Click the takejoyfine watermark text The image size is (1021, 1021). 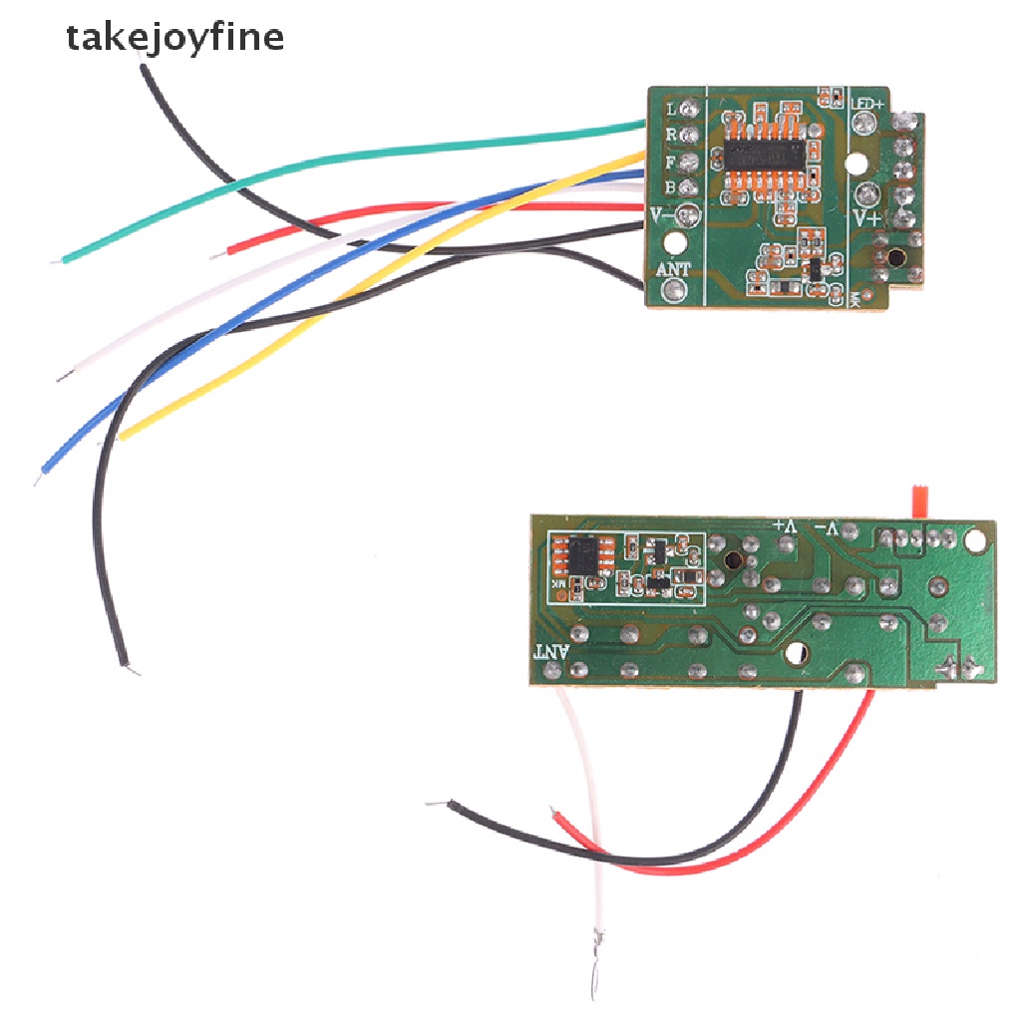pyautogui.click(x=174, y=38)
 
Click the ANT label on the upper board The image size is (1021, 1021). pyautogui.click(x=675, y=269)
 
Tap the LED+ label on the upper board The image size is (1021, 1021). pyautogui.click(x=868, y=105)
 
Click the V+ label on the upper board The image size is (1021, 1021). pyautogui.click(x=864, y=215)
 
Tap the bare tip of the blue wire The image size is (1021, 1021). pyautogui.click(x=38, y=480)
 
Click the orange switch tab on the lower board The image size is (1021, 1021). pyautogui.click(x=919, y=501)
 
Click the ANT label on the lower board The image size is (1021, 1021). pyautogui.click(x=550, y=652)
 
